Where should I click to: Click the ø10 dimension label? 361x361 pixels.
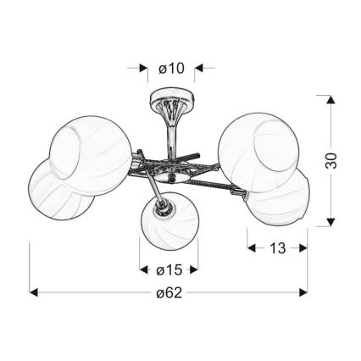click(171, 69)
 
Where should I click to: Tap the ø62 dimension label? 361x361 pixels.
click(169, 293)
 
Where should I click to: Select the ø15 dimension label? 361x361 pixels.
click(169, 270)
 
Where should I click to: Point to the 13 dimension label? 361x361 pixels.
click(278, 248)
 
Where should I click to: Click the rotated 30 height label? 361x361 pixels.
click(331, 160)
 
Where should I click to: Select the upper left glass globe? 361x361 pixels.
click(91, 155)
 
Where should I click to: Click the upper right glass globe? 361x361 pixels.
click(258, 153)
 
